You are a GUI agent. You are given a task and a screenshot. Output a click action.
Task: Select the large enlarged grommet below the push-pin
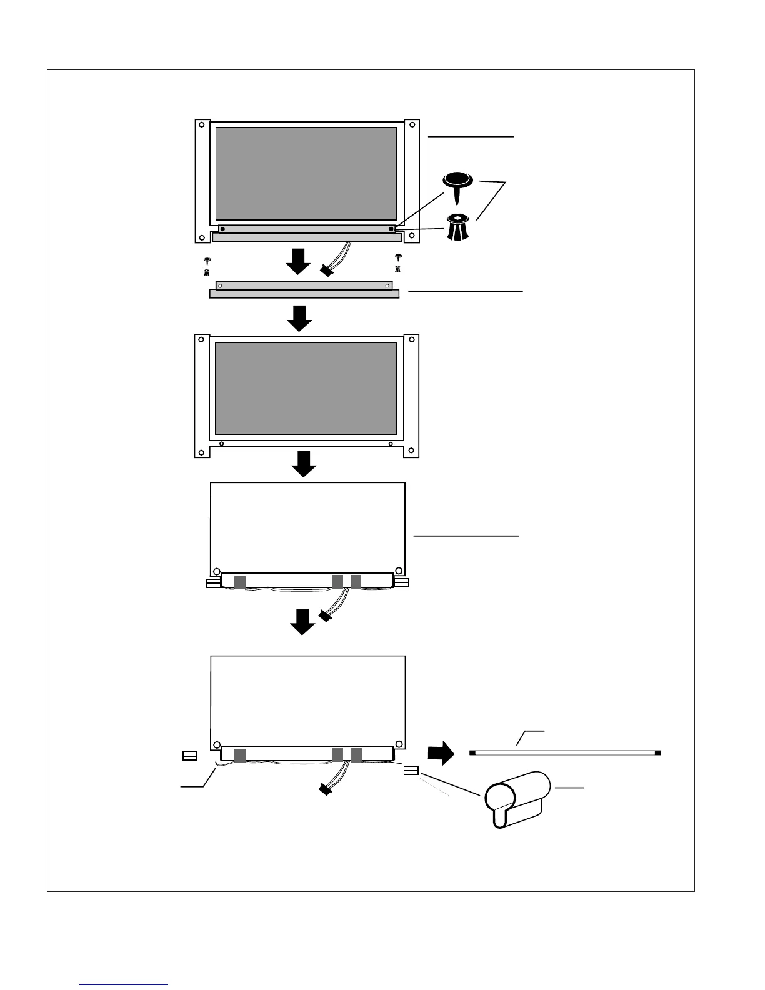pyautogui.click(x=458, y=227)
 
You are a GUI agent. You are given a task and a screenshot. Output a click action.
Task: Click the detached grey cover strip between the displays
pyautogui.click(x=304, y=290)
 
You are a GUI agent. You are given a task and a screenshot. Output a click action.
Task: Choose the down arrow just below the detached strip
pyautogui.click(x=299, y=318)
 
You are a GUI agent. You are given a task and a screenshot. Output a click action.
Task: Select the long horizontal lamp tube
pyautogui.click(x=565, y=752)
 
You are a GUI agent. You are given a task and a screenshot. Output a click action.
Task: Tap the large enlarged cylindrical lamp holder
pyautogui.click(x=516, y=799)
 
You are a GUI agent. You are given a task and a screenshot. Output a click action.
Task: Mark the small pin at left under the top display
pyautogui.click(x=207, y=260)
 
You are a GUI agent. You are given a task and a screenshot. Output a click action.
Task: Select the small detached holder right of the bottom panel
pyautogui.click(x=411, y=771)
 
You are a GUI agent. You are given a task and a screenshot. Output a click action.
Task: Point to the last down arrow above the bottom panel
pyautogui.click(x=304, y=622)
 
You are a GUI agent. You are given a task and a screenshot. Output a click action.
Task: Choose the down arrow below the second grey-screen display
pyautogui.click(x=304, y=464)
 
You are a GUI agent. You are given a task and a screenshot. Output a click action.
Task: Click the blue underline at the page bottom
pyautogui.click(x=124, y=984)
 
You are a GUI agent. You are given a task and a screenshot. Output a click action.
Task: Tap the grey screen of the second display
pyautogui.click(x=306, y=388)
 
